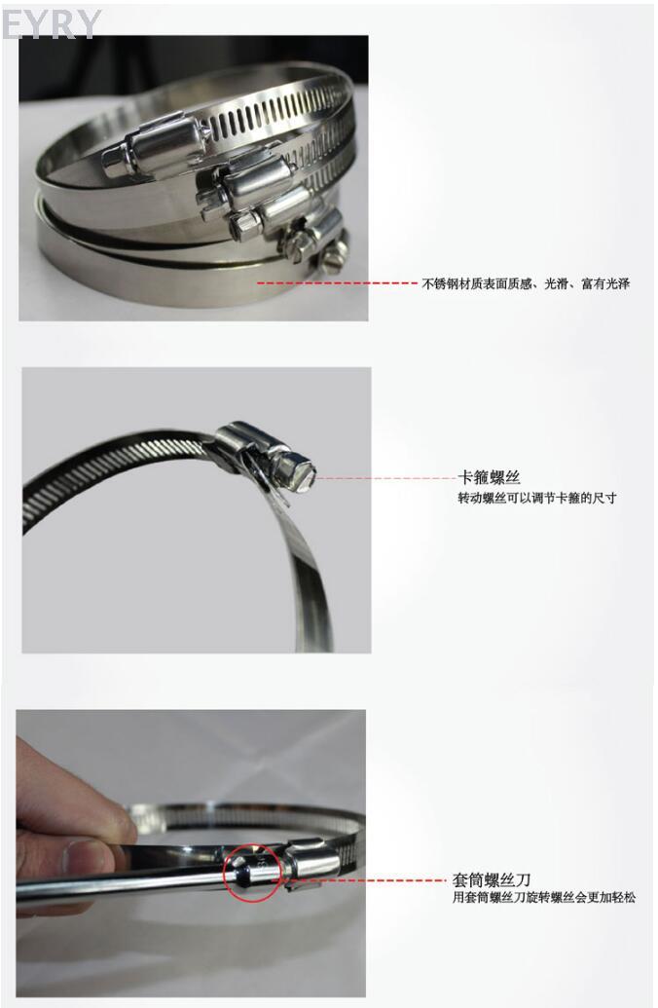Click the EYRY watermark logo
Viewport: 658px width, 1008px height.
(52, 24)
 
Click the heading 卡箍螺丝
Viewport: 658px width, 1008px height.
(489, 477)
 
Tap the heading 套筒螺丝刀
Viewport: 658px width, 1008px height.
(492, 879)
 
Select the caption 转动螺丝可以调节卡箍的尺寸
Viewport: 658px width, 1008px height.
(536, 498)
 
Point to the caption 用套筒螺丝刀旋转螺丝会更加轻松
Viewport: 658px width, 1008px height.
(543, 897)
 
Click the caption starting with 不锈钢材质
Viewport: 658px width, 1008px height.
(526, 283)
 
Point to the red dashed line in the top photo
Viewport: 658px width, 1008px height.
(338, 282)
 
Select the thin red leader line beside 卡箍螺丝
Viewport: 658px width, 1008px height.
(385, 478)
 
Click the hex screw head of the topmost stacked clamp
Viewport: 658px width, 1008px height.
(116, 162)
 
